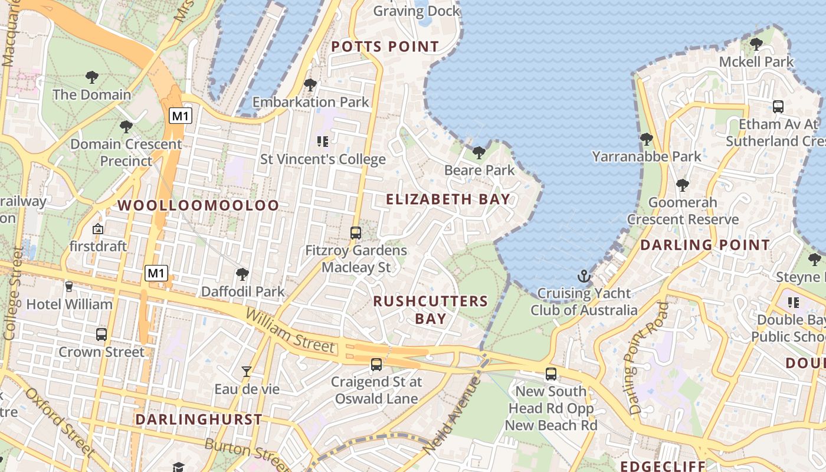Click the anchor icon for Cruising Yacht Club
[x=584, y=276]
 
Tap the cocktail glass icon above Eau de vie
[x=247, y=371]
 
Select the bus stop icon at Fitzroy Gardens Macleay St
[x=355, y=232]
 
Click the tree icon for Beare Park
[x=479, y=153]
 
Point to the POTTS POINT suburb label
[x=385, y=47]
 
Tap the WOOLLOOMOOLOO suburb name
[x=198, y=205]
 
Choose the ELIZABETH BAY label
[x=448, y=199]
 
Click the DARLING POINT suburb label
[x=704, y=245]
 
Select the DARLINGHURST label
[x=198, y=419]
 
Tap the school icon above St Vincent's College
[x=322, y=141]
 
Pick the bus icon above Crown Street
[x=101, y=334]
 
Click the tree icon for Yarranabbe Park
[x=646, y=139]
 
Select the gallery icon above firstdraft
[x=98, y=228]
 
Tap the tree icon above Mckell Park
[x=756, y=44]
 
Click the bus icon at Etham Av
[x=778, y=107]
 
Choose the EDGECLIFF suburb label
[x=662, y=466]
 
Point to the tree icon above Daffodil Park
[x=242, y=274]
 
